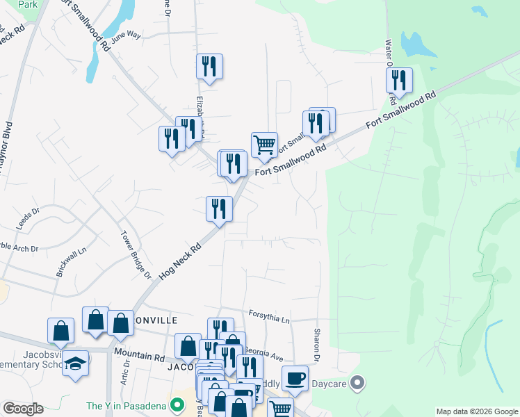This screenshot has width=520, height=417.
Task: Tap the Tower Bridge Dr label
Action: [136, 254]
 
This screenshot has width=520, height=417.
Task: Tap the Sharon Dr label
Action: [317, 344]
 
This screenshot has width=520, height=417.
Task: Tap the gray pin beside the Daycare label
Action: [358, 382]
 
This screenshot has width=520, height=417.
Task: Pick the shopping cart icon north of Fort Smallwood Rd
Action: [264, 145]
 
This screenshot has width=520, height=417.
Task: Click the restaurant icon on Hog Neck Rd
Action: [219, 208]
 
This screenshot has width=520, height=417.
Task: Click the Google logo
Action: [23, 409]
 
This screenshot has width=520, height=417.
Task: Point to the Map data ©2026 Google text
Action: [477, 411]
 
